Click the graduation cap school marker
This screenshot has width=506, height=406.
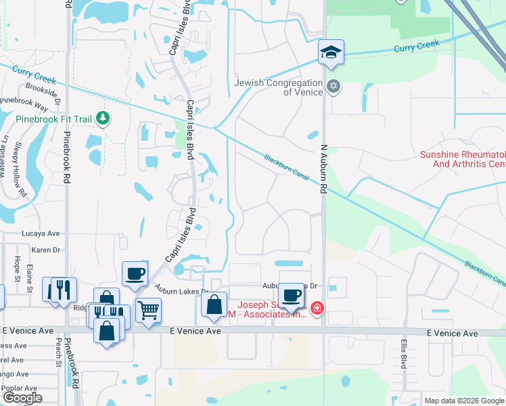click(331, 52)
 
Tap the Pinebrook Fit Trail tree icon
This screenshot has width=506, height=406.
click(103, 119)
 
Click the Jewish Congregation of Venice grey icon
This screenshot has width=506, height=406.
click(332, 87)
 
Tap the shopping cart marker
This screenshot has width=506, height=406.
click(148, 311)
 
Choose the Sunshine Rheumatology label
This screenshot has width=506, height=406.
click(463, 159)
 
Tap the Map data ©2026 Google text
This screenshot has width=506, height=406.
click(463, 401)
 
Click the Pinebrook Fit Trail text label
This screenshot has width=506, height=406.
click(53, 119)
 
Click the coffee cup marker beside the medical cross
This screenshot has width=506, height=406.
click(292, 295)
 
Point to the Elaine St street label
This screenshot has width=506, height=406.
click(30, 277)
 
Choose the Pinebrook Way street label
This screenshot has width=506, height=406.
click(24, 104)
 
